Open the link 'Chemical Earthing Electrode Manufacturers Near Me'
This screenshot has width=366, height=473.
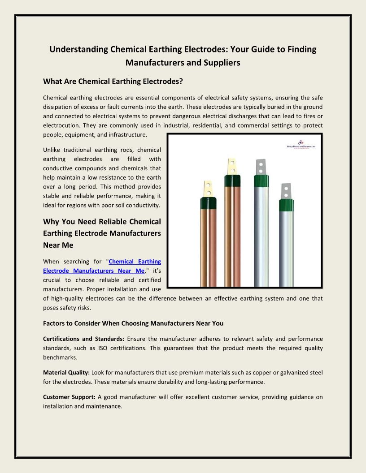tap(102, 266)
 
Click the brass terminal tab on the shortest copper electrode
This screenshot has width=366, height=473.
tap(208, 188)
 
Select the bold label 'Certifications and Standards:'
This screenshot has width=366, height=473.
tap(83, 339)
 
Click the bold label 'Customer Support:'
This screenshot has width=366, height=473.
tap(69, 397)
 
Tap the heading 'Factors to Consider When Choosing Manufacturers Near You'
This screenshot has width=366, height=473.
tap(133, 322)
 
